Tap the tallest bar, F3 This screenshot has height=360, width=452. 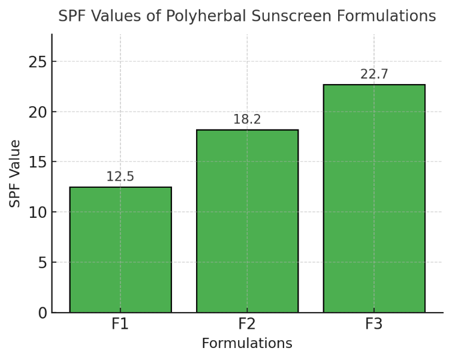click(x=374, y=199)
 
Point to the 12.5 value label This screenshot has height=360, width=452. click(x=120, y=177)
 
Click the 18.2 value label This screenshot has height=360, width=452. click(x=247, y=119)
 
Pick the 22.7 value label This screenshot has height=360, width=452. click(x=374, y=74)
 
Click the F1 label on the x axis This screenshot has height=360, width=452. click(x=120, y=325)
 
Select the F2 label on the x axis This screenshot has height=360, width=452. click(x=247, y=325)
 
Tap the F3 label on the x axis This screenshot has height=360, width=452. click(x=374, y=325)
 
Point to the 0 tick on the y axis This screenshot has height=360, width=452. click(x=41, y=313)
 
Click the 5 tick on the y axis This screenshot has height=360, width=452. click(x=41, y=263)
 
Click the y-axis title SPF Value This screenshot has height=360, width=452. click(x=16, y=173)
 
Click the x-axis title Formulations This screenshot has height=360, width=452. click(x=247, y=344)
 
